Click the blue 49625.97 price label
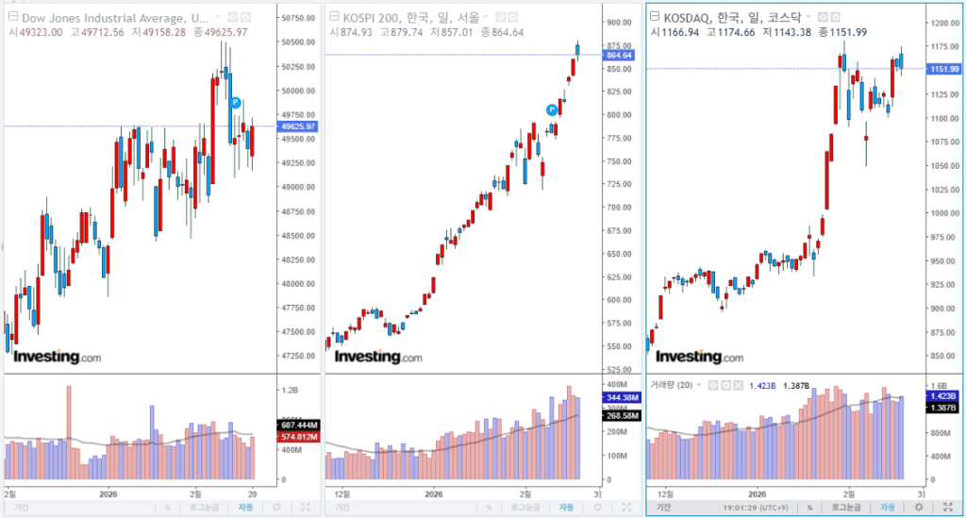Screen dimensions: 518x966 [x=299, y=126]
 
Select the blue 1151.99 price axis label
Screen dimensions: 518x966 [x=942, y=69]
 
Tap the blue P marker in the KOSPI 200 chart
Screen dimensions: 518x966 [x=552, y=109]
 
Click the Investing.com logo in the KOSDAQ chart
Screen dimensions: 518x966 [x=698, y=357]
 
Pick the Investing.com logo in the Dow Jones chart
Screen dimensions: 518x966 [x=57, y=357]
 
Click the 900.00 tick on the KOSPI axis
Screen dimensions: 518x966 [x=619, y=23]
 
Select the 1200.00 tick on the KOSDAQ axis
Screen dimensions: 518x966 [x=942, y=24]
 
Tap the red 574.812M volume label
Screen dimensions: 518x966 [x=299, y=437]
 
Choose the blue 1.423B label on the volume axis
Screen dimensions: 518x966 [x=943, y=396]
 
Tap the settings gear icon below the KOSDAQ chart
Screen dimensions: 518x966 [x=919, y=507]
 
